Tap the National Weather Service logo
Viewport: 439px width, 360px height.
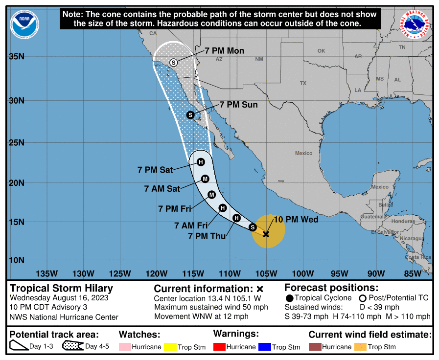[x=416, y=24]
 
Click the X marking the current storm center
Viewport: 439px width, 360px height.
[x=266, y=234]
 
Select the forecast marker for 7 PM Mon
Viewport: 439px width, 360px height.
[x=173, y=62]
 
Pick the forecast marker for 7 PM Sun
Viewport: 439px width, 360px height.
[x=190, y=115]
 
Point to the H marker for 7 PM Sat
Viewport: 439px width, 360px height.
[x=200, y=162]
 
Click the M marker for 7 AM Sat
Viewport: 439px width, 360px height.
[x=205, y=179]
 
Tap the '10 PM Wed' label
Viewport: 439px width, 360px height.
[x=296, y=220]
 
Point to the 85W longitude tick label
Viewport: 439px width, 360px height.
[x=413, y=273]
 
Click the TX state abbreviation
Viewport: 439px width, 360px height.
[x=303, y=83]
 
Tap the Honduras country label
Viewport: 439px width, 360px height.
[x=403, y=221]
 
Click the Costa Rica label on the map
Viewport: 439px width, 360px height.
[x=418, y=257]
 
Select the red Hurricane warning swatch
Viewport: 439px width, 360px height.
[x=219, y=347]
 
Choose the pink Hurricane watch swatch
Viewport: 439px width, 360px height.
[x=125, y=347]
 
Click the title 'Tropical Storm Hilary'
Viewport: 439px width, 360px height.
[x=62, y=289]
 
